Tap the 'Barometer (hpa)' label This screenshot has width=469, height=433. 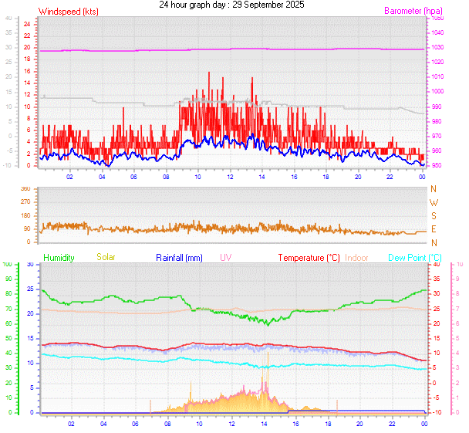(413, 12)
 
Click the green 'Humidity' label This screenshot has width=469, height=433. (59, 257)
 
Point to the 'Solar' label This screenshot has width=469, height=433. (106, 257)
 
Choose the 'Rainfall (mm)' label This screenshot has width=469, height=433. (179, 257)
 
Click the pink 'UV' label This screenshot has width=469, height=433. (226, 257)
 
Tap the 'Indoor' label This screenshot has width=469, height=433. (357, 257)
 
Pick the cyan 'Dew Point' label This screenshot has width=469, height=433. (414, 257)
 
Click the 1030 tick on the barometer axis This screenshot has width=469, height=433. (438, 47)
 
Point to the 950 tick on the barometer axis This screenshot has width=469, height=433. (437, 165)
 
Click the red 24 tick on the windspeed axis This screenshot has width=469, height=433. (26, 24)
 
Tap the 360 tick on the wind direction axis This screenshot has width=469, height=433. (25, 189)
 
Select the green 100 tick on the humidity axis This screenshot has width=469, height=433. (8, 265)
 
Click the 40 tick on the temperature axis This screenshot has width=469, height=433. (436, 265)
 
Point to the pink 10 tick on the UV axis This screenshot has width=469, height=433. (460, 265)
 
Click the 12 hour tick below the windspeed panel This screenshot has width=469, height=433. (230, 177)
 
